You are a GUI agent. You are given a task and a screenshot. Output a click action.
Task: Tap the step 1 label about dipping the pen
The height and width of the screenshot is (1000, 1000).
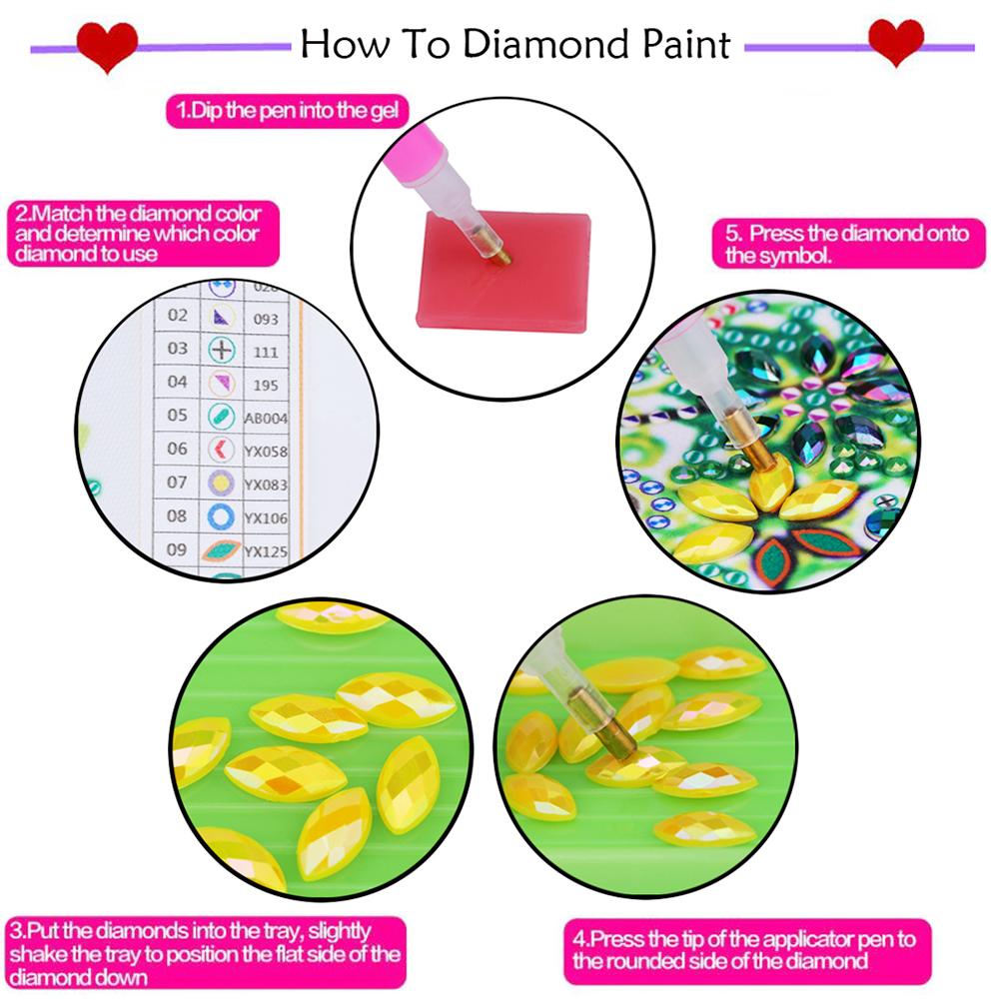click(287, 111)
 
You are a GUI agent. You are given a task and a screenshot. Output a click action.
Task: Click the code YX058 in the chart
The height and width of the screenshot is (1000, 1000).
click(266, 452)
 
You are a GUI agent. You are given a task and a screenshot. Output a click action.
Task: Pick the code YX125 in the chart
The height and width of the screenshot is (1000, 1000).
click(266, 550)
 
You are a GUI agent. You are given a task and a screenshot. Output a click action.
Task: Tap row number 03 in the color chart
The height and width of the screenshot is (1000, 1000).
click(177, 349)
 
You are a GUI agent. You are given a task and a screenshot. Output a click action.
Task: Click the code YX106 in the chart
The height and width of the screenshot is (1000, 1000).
click(266, 517)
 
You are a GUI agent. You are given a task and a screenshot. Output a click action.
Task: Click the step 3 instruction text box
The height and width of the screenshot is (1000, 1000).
click(203, 953)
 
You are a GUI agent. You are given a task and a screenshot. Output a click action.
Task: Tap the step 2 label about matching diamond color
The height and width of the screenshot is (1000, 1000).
click(137, 234)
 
